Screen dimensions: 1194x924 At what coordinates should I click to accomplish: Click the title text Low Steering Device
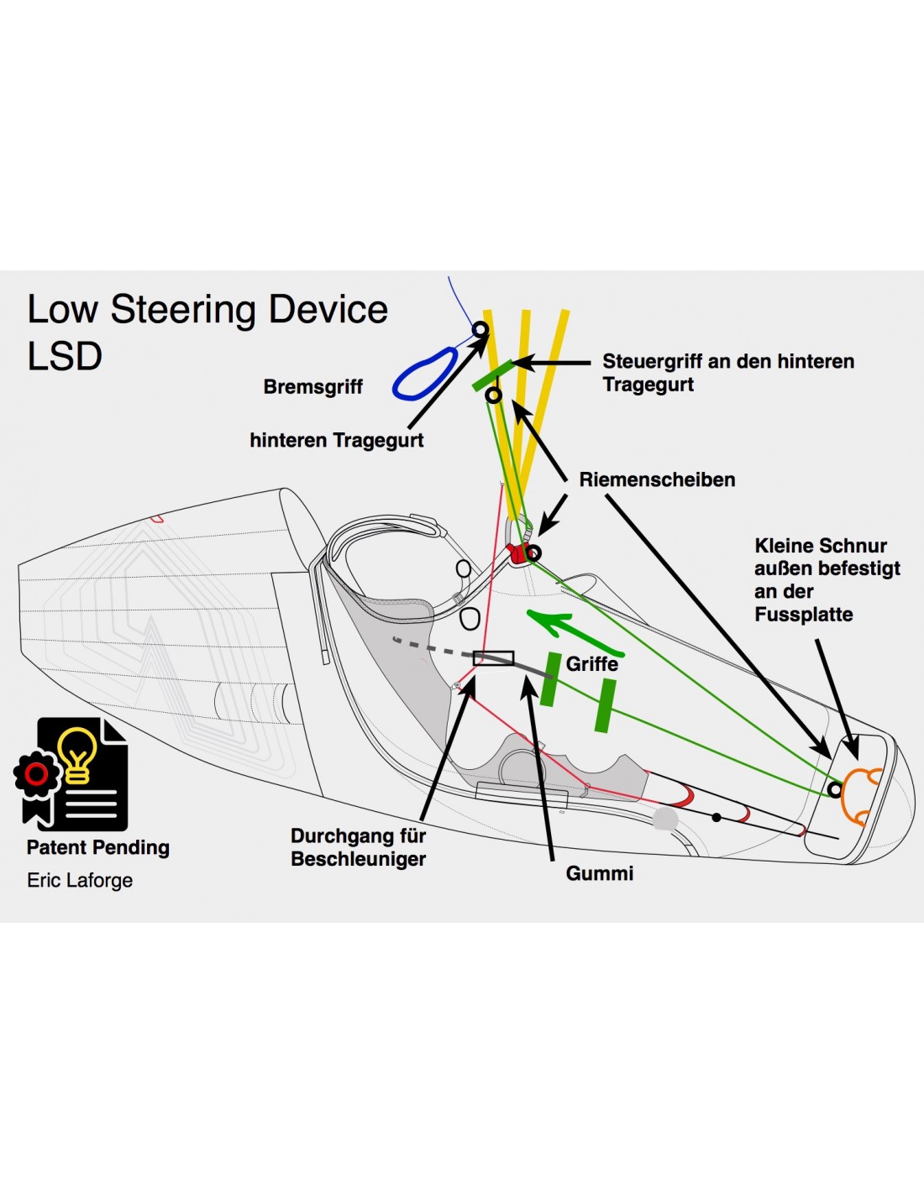[207, 309]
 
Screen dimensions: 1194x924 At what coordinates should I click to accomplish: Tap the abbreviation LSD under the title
[65, 356]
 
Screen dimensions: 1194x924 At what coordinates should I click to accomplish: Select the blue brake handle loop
[425, 374]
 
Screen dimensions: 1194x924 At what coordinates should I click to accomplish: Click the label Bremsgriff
[312, 386]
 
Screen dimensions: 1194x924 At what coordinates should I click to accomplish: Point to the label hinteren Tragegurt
[336, 440]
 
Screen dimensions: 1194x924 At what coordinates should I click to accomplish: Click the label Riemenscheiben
[657, 479]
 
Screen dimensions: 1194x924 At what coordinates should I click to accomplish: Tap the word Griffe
[592, 663]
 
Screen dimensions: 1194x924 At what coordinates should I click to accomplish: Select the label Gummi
[599, 873]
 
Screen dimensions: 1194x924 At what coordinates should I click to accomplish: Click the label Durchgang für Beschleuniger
[358, 847]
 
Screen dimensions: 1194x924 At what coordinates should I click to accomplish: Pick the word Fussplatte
[803, 615]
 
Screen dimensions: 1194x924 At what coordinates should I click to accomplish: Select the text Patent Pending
[97, 847]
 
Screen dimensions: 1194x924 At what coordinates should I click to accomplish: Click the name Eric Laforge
[80, 880]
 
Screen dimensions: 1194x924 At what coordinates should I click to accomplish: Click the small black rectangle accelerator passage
[493, 658]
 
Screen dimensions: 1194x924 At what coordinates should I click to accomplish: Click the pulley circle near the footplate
[834, 789]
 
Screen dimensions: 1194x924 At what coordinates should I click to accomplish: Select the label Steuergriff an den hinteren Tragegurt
[727, 373]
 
